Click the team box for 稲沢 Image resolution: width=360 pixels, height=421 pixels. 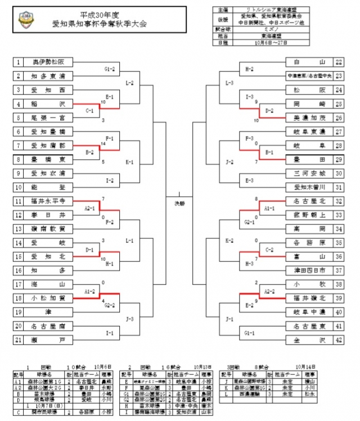[49, 104]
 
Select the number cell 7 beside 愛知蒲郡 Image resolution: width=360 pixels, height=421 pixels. [18, 146]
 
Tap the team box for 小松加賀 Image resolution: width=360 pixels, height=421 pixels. [49, 297]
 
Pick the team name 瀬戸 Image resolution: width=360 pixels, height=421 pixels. [49, 340]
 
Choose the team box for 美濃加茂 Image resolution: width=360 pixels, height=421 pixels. [309, 118]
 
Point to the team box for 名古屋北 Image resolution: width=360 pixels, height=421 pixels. [309, 201]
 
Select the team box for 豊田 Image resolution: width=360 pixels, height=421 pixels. [309, 160]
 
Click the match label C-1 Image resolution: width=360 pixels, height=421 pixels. [89, 111]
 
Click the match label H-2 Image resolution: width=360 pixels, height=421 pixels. [249, 69]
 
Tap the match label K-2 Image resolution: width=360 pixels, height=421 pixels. [229, 240]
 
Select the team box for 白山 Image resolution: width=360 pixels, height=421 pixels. [309, 62]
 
